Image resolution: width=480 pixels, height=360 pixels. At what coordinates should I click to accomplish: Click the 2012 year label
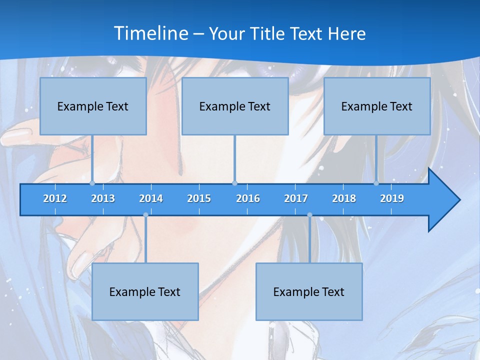coord(55,198)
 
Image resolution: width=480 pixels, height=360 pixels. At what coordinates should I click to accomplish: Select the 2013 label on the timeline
coord(103,198)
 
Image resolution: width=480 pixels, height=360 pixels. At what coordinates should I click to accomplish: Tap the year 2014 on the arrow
coord(151,198)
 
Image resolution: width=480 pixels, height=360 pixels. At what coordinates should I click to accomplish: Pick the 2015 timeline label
coord(199,198)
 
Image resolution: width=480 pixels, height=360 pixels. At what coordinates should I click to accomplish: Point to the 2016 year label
coord(248,198)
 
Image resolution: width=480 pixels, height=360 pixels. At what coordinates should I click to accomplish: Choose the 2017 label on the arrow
coord(296,198)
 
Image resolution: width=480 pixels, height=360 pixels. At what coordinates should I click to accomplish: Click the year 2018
coord(344,198)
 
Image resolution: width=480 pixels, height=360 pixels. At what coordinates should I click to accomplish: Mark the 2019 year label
coord(392,198)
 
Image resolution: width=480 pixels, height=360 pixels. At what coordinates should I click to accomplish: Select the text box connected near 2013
coord(93,106)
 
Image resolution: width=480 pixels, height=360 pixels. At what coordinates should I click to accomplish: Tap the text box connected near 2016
coord(235,106)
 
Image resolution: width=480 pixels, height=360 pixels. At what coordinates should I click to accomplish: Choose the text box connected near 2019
coord(377,106)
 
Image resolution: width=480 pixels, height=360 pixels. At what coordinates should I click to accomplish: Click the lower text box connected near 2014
coord(145,291)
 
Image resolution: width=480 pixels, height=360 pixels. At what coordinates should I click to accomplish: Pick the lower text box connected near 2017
coord(309,291)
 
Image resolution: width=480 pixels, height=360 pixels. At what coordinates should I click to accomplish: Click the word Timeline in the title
coord(151,33)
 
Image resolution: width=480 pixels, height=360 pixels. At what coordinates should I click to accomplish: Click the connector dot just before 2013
coord(92,183)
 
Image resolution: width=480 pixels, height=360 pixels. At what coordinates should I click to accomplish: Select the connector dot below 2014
coord(145,215)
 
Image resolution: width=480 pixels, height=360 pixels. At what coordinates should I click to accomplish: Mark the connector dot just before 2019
coord(376,183)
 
